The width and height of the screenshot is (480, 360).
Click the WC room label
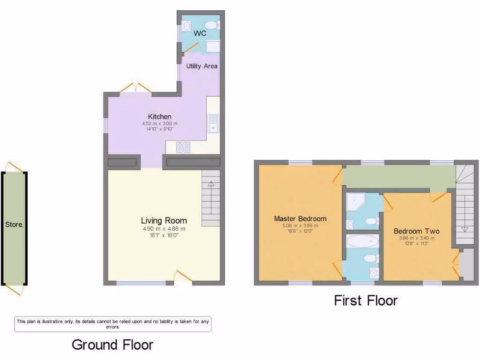pyautogui.click(x=200, y=34)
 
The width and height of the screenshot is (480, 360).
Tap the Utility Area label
pyautogui.click(x=202, y=66)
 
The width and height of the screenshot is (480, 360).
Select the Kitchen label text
pyautogui.click(x=160, y=117)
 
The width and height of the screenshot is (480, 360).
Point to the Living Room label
pyautogui.click(x=164, y=221)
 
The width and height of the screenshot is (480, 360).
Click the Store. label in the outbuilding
pyautogui.click(x=14, y=225)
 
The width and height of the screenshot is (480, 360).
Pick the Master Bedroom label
pyautogui.click(x=300, y=218)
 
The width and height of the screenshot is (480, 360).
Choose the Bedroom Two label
pyautogui.click(x=416, y=231)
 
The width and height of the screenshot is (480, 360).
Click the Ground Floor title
pyautogui.click(x=112, y=345)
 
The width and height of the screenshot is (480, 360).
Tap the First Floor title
pyautogui.click(x=366, y=300)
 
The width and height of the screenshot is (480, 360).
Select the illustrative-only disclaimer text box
pyautogui.click(x=113, y=324)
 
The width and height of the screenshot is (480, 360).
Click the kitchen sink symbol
pyautogui.click(x=213, y=123)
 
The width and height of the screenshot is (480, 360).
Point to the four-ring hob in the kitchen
pyautogui.click(x=183, y=147)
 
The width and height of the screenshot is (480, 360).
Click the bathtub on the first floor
pyautogui.click(x=362, y=242)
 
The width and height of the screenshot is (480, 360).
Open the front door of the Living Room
pyautogui.click(x=183, y=277)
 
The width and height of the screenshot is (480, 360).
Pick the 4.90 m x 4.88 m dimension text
pyautogui.click(x=164, y=229)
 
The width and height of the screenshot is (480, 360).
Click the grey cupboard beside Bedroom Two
pyautogui.click(x=466, y=265)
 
